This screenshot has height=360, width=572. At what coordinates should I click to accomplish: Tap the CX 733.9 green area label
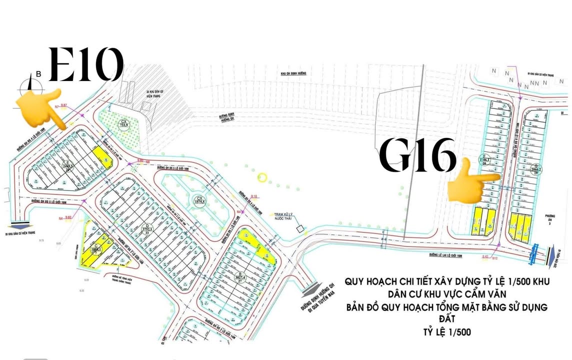124,123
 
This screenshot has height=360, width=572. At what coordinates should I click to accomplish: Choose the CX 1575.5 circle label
199,200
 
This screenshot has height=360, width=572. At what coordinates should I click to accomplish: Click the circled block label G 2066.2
536,168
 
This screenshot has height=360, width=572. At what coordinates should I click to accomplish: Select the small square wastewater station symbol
300,229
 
